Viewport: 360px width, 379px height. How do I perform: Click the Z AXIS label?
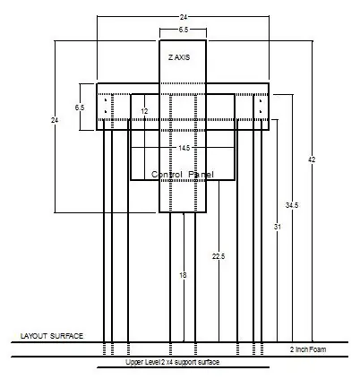tap(179, 57)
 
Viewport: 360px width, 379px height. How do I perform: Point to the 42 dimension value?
tap(312, 159)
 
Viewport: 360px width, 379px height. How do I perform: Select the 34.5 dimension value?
tap(292, 205)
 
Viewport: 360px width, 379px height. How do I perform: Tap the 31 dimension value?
tap(278, 227)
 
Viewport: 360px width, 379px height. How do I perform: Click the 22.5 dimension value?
tap(219, 256)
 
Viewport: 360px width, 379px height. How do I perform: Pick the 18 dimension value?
tap(183, 275)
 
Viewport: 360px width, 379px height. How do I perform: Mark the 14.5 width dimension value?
tap(184, 148)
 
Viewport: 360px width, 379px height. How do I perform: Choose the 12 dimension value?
tap(144, 111)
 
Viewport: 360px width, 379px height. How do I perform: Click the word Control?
tap(167, 175)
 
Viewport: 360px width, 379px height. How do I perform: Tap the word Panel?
tap(201, 175)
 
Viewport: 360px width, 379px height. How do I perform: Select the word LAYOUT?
tap(34, 336)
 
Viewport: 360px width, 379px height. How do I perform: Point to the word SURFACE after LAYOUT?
tap(66, 336)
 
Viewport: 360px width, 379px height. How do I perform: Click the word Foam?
tap(318, 349)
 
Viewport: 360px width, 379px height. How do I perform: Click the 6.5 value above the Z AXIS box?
tap(184, 30)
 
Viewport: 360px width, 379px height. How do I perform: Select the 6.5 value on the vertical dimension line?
tap(80, 108)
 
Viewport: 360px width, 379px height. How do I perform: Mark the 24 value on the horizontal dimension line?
tap(184, 17)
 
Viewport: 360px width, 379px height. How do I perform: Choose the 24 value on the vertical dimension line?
tap(55, 120)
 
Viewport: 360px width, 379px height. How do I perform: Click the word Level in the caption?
tap(152, 362)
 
